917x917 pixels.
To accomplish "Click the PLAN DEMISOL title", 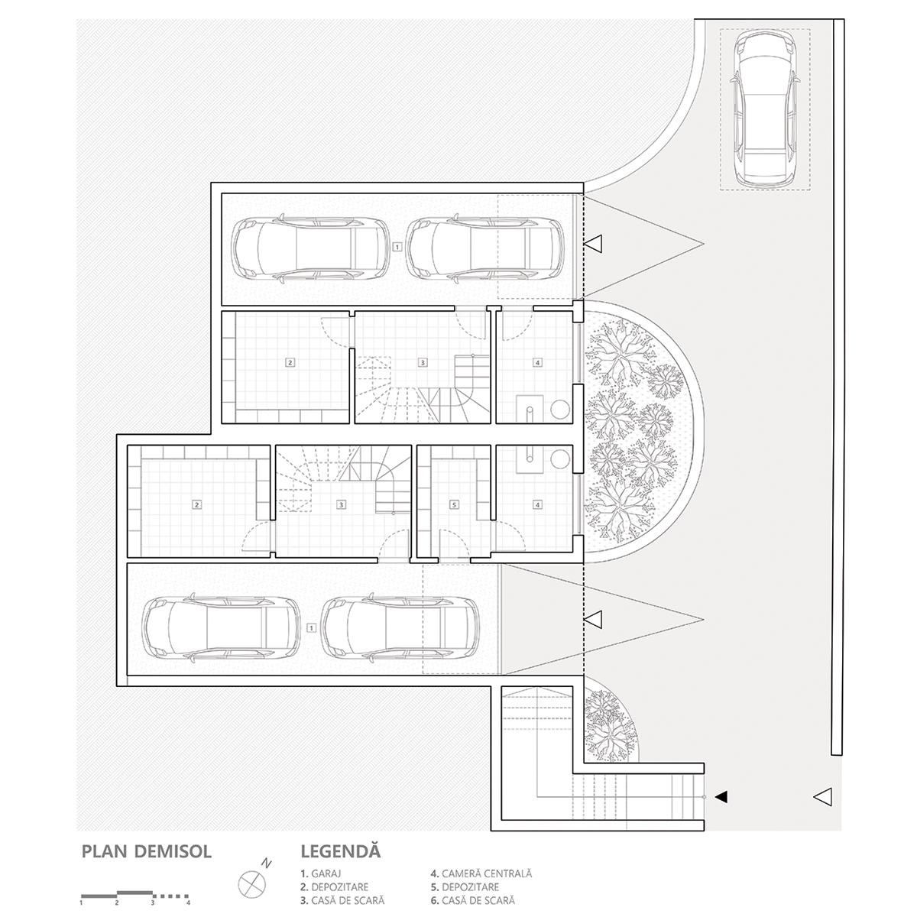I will [146, 851].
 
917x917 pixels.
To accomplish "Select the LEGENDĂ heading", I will [341, 851].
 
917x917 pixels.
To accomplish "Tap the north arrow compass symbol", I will [251, 883].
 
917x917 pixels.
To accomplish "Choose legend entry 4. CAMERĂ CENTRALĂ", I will [481, 873].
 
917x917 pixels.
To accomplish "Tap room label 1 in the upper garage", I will [397, 247].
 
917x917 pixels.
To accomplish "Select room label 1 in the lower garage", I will [311, 627].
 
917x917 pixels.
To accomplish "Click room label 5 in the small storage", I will [454, 504].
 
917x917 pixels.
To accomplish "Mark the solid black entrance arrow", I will [721, 797].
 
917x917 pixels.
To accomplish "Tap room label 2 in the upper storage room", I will [290, 362].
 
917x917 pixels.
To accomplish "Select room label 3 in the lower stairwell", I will [342, 504].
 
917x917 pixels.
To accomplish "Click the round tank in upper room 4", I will [560, 408].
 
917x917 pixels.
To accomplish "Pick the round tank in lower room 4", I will [560, 459].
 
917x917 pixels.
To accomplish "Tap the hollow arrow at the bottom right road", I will [822, 797].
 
